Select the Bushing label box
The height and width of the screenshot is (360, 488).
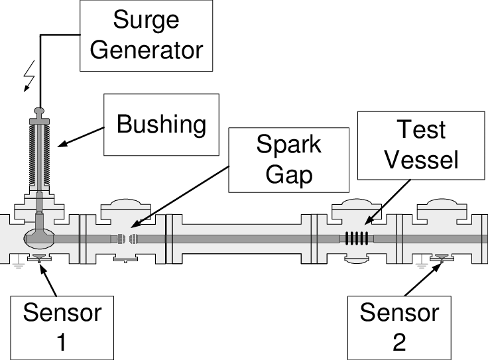tap(161, 125)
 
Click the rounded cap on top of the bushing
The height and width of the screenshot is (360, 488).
tap(40, 111)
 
